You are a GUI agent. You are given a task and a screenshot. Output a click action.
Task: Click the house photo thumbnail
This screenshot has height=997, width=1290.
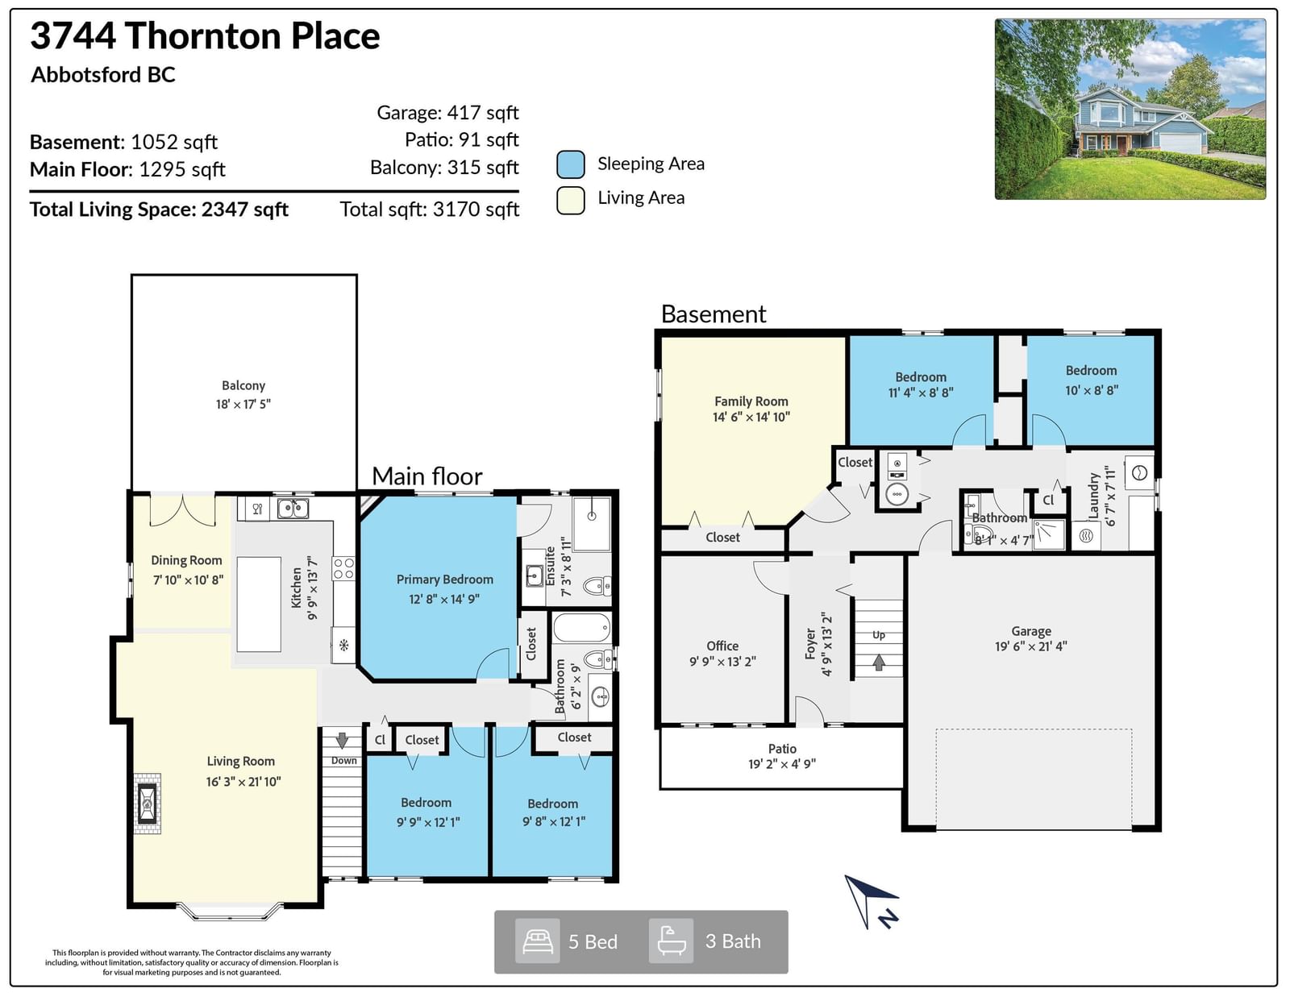tap(1130, 109)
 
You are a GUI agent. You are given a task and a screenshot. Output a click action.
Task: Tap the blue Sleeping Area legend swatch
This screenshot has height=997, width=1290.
tap(571, 164)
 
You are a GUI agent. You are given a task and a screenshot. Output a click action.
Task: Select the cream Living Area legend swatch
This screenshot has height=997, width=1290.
tap(571, 200)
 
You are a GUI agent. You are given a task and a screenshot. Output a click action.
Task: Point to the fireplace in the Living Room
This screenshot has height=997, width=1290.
tap(148, 803)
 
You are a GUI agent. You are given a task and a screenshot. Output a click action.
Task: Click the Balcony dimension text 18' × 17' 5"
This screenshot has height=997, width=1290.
tap(243, 404)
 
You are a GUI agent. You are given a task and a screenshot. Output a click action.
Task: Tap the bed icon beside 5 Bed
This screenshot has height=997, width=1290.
tap(537, 941)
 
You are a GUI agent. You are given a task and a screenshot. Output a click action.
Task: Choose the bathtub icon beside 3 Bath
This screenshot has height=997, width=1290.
tap(671, 941)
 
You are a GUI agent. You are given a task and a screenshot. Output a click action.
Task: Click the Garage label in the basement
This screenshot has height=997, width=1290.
tap(1031, 631)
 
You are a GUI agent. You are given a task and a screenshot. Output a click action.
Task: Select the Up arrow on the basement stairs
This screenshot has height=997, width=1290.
tap(879, 662)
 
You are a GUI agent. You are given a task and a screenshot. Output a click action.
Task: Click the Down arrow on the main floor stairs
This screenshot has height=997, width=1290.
tap(342, 740)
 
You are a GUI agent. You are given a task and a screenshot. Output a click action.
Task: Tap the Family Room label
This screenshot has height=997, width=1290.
tap(751, 401)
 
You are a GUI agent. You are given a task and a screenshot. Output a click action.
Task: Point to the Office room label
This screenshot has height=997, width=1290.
tap(722, 646)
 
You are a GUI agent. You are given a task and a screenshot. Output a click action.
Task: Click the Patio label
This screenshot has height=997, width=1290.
tap(782, 749)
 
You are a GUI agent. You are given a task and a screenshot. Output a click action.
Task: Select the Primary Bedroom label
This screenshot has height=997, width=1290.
tap(444, 580)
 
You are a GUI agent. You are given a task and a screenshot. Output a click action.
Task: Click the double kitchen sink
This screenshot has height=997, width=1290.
tap(293, 508)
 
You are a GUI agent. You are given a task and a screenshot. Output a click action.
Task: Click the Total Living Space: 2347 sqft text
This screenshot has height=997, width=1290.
tap(159, 210)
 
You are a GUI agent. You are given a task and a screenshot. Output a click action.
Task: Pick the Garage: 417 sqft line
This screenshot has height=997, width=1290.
tap(447, 112)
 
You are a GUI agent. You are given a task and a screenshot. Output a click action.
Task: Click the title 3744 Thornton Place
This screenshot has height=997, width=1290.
tap(205, 35)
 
